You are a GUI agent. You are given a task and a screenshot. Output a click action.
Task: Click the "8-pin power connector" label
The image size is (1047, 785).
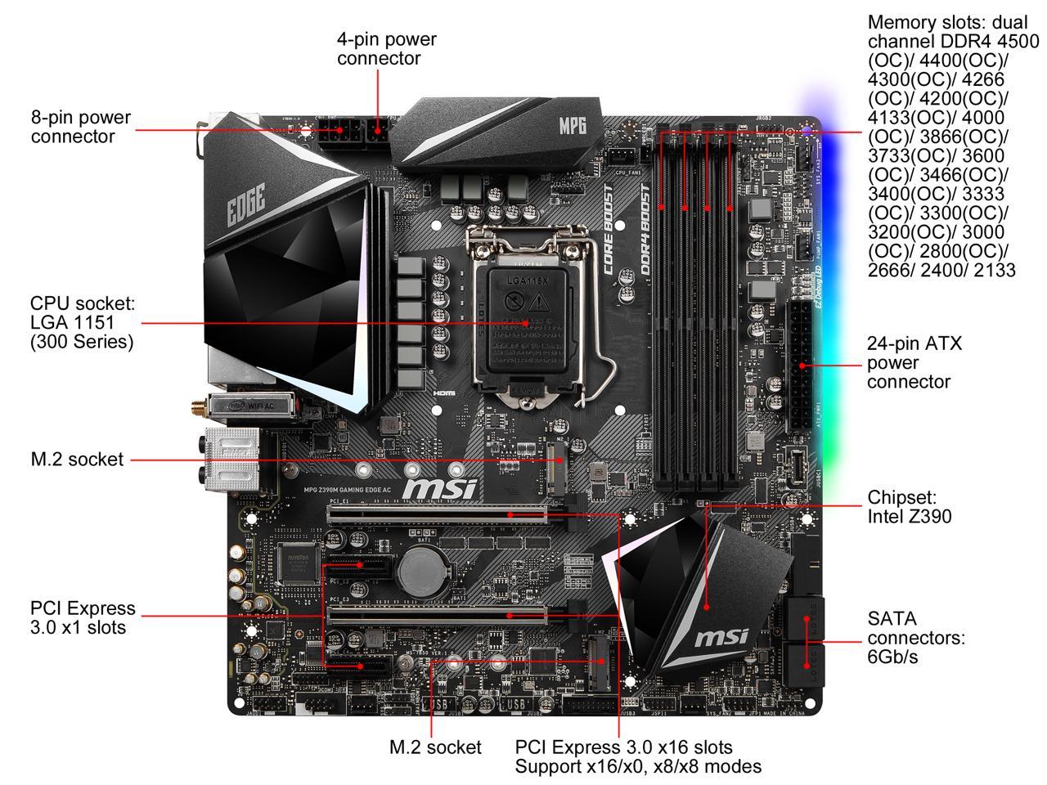point(81,128)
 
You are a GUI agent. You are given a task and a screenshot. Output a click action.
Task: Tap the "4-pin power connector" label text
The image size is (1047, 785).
point(386,49)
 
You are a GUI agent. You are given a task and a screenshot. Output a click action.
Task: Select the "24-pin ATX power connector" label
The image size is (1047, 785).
point(914,362)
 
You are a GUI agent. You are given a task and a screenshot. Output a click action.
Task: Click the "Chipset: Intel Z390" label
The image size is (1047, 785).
point(909,507)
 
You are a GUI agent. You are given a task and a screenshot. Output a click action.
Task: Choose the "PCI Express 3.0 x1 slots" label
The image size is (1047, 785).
point(83,618)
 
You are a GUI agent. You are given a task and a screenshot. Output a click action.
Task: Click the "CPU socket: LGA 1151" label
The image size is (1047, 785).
point(82,322)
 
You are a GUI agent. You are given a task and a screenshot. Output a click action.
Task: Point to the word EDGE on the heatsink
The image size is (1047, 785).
point(246,206)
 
